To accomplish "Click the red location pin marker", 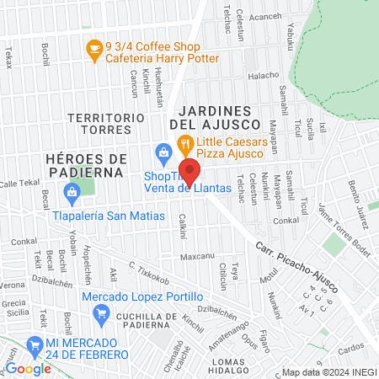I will (189, 171).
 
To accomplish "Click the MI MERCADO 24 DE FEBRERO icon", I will (34, 344).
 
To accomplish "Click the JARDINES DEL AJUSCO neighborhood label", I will (216, 117).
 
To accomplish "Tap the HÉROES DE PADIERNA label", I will (87, 165).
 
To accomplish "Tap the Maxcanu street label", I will (196, 255).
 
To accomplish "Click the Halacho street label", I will (264, 75).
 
